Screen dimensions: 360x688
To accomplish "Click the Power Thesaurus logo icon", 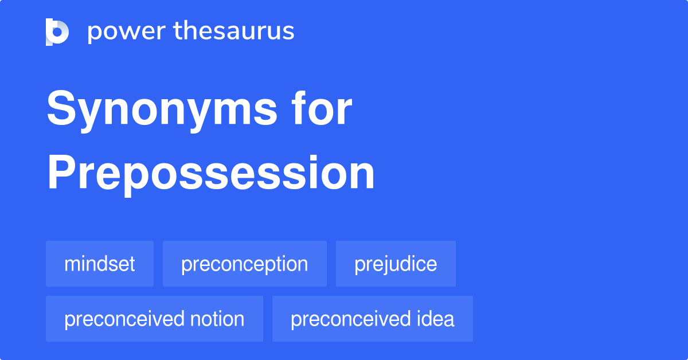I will click(x=57, y=32).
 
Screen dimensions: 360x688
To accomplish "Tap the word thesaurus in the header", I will click(x=234, y=32).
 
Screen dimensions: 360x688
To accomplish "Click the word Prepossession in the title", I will click(x=210, y=173).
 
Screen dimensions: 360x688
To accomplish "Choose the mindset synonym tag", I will click(x=100, y=264).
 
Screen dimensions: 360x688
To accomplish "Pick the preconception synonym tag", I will click(x=245, y=264).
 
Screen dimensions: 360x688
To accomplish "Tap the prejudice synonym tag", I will click(x=396, y=264).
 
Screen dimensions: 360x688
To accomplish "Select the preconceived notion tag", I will click(x=154, y=319).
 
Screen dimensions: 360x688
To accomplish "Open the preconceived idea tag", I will click(x=373, y=319).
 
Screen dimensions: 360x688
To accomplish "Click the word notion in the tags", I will click(x=218, y=319).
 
